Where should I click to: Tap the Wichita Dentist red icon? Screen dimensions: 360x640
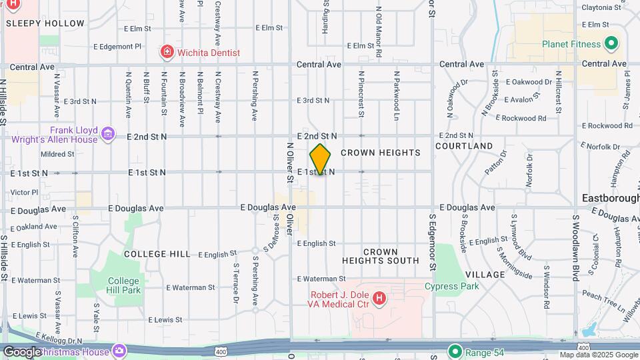click(x=166, y=52)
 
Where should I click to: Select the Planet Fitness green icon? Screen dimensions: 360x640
click(x=611, y=45)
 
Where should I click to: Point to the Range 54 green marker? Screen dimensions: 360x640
click(x=455, y=351)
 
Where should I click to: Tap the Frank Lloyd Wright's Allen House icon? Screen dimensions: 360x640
click(x=107, y=135)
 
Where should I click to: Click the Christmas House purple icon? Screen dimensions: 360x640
click(x=119, y=351)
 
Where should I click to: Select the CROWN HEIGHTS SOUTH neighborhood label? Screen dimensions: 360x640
click(x=381, y=257)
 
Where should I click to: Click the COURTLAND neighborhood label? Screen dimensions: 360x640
click(x=464, y=146)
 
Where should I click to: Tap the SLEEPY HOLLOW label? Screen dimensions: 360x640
click(x=45, y=23)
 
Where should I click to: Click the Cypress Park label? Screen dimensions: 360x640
click(x=452, y=287)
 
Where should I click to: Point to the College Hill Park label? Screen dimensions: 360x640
click(x=124, y=285)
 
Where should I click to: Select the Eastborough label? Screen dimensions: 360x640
click(x=610, y=198)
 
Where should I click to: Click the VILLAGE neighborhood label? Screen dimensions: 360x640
click(x=485, y=275)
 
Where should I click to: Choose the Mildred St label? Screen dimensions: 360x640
click(x=57, y=154)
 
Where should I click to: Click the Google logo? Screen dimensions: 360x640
click(x=22, y=351)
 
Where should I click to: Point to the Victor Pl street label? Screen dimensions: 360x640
click(x=25, y=192)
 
